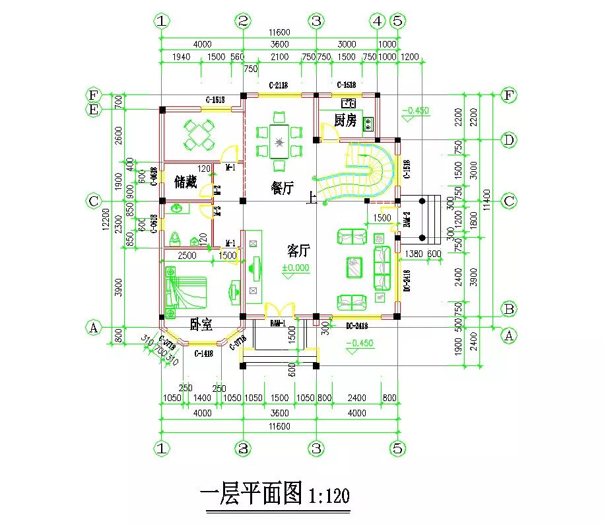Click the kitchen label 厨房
coord(345,120)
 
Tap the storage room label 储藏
coord(185,182)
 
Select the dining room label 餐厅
coord(282,188)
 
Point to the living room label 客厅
coord(299,250)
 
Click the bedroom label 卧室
coord(201,324)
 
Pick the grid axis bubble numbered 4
coord(378,20)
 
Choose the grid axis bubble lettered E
coord(93,110)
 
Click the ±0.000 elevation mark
coord(296,268)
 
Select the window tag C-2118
coord(278,85)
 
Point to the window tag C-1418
coord(203,354)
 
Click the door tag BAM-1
coord(278,323)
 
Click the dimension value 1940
coord(180,57)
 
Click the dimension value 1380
coord(413,254)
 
